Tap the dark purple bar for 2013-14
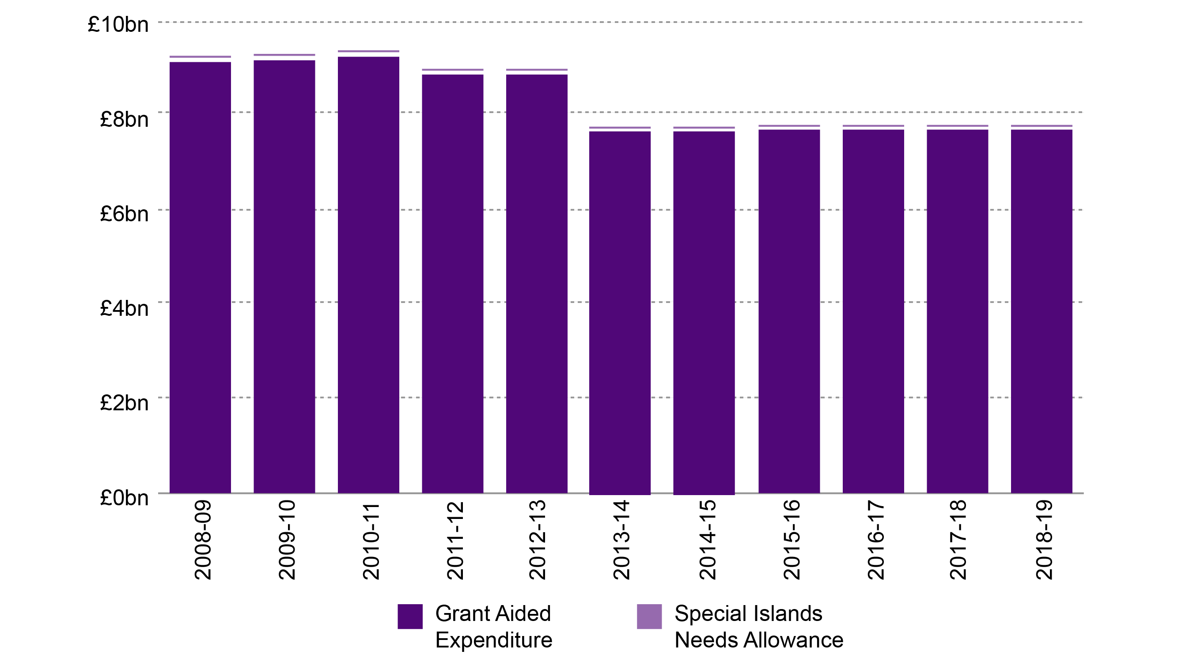point(620,313)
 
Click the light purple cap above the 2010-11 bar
point(368,51)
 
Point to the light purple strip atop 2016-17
point(873,125)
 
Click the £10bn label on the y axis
point(118,24)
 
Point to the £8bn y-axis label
point(124,120)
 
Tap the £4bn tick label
point(124,308)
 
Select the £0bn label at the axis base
point(124,498)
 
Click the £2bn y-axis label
point(124,403)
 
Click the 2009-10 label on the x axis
point(287,540)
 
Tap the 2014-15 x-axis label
point(707,540)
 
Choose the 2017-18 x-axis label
point(958,540)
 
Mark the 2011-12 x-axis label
point(455,540)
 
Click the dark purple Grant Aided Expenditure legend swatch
point(410,616)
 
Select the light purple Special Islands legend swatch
point(649,616)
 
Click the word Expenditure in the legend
point(494,640)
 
